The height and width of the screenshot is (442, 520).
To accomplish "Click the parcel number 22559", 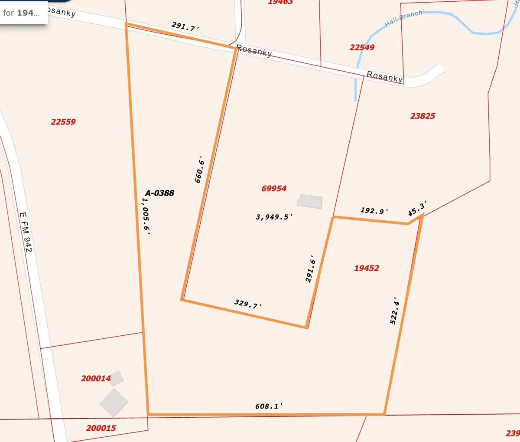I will (63, 122).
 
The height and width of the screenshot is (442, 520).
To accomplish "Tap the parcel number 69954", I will (274, 188).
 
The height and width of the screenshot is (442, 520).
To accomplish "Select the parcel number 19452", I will (367, 268).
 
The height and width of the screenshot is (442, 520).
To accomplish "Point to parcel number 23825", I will (422, 116).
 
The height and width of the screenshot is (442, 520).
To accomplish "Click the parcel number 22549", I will (362, 47).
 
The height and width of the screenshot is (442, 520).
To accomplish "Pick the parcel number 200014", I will (96, 378).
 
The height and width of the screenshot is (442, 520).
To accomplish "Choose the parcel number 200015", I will (101, 428).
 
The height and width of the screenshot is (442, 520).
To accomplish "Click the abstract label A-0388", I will (159, 193).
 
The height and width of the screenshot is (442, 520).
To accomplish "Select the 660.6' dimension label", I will (199, 170).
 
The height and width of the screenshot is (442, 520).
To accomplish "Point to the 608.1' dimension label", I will (269, 406).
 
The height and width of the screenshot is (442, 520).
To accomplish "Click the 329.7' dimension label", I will (248, 304).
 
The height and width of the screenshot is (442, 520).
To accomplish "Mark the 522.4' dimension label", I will (394, 311).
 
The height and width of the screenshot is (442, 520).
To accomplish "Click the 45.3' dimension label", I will (417, 208).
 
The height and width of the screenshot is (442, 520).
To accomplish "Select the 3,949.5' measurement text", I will (274, 217).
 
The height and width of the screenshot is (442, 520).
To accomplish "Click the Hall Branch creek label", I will (403, 19).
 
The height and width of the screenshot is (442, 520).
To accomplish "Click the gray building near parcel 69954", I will (310, 201).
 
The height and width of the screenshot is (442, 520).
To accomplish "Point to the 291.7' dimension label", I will (185, 26).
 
